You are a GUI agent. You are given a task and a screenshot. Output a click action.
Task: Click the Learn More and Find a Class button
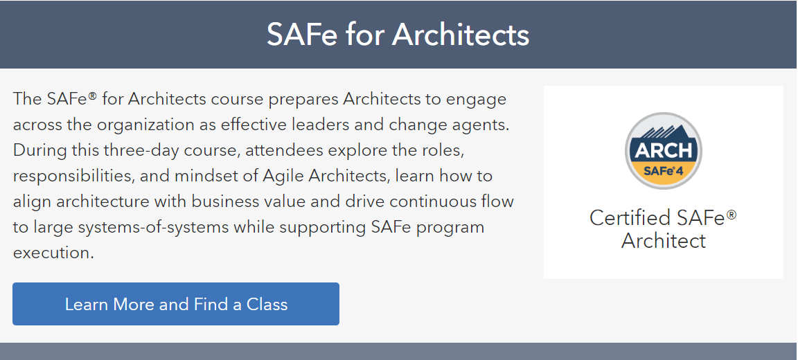coord(175,304)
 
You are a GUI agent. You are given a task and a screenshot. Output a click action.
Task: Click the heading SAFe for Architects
coord(398,35)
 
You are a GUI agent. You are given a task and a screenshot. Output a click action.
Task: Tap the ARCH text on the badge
coord(664,151)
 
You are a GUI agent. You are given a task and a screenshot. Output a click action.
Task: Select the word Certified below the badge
coord(630,218)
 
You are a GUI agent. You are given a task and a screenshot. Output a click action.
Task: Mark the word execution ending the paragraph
coord(53,253)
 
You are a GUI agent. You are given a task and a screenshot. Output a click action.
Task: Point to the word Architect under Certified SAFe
coord(664,240)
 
